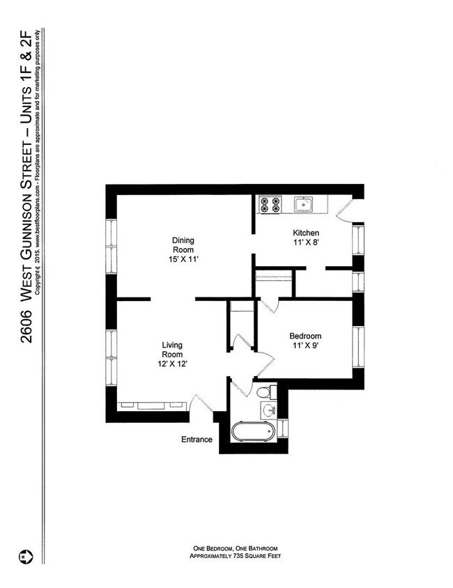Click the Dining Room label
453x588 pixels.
183,245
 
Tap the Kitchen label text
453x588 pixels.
306,233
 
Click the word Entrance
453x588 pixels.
197,440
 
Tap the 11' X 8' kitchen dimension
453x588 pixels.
306,242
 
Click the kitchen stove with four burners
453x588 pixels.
270,204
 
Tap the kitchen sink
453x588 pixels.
302,204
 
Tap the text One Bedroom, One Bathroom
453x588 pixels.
236,548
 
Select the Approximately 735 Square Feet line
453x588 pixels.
236,556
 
